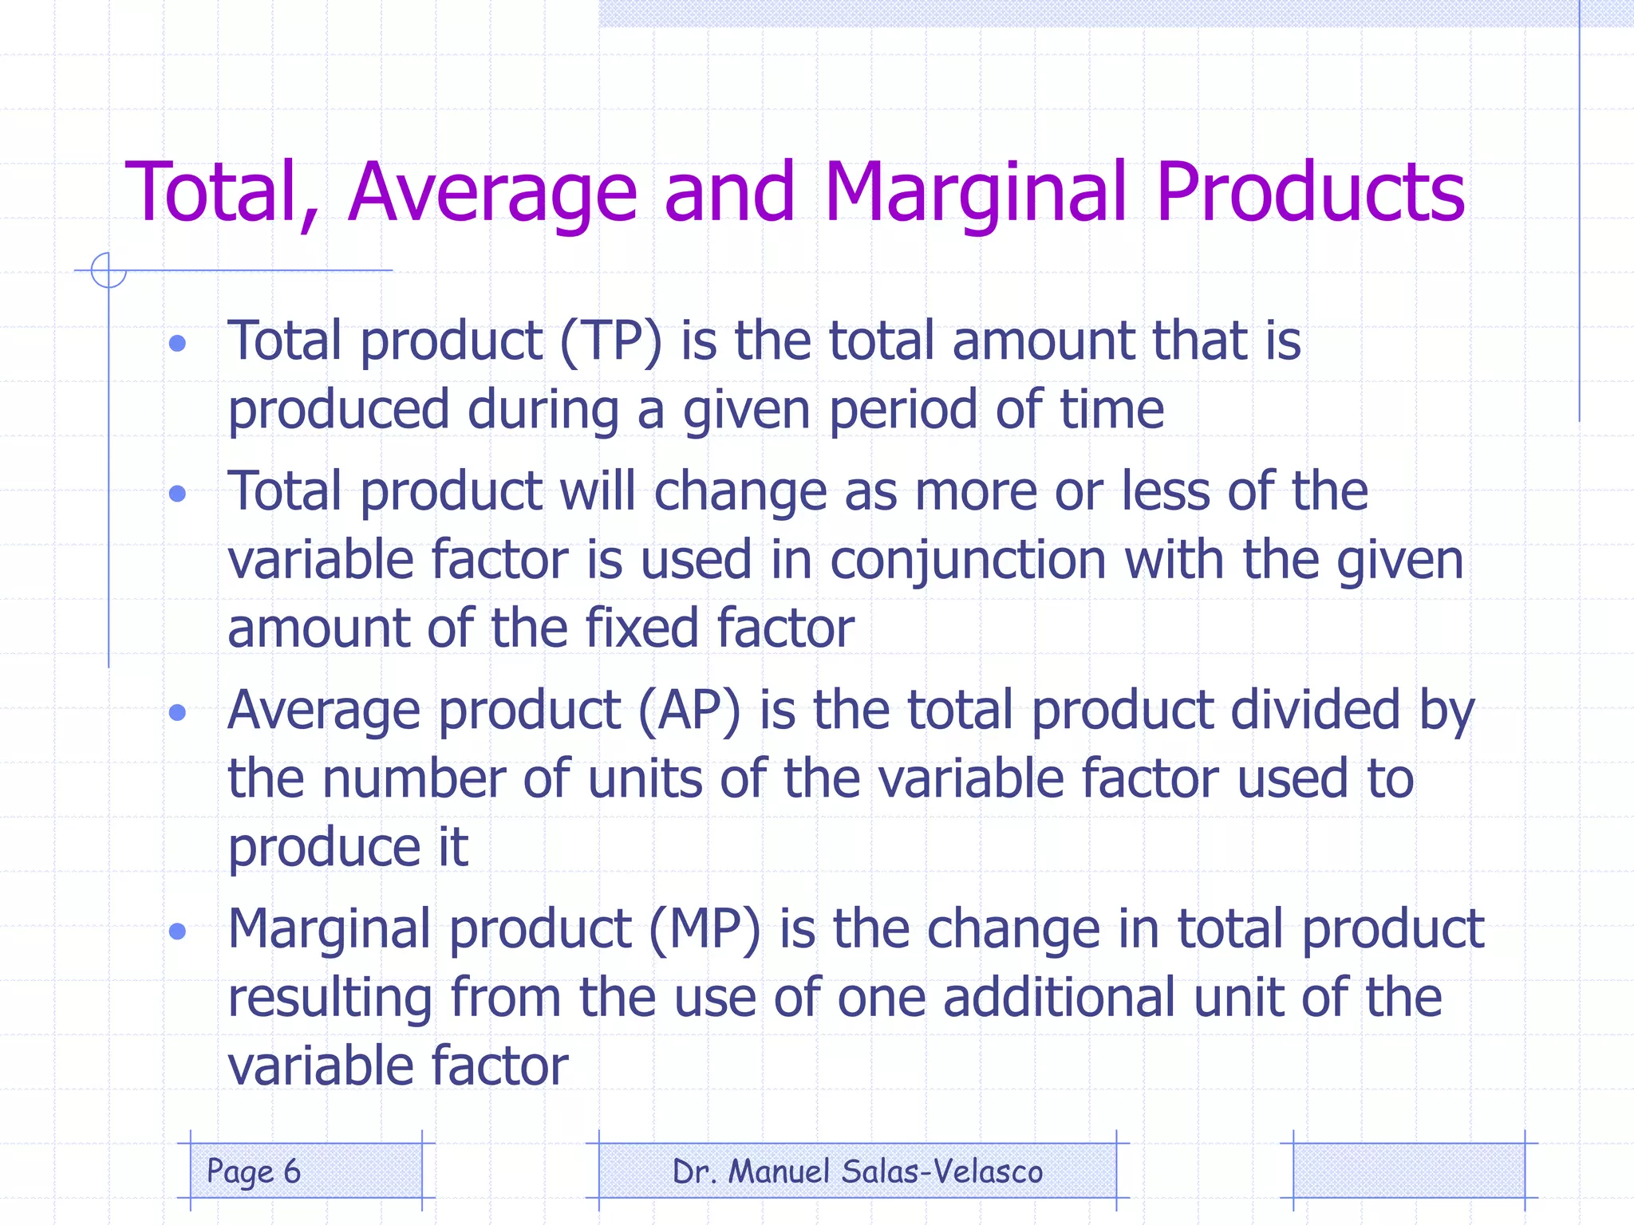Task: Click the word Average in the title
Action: (x=492, y=193)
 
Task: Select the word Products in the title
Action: (x=1309, y=193)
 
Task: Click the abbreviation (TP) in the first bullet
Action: (x=611, y=341)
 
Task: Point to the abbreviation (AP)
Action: (x=689, y=710)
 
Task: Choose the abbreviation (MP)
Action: (x=705, y=929)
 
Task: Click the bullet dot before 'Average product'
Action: (x=178, y=712)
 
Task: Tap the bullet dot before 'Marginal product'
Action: (x=178, y=931)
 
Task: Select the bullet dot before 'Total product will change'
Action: (x=178, y=494)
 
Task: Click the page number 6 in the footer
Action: (x=292, y=1172)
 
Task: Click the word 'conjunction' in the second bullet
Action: (x=968, y=561)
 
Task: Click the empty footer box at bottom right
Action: (x=1408, y=1171)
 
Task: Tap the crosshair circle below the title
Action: (x=109, y=270)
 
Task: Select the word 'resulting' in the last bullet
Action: (x=330, y=998)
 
